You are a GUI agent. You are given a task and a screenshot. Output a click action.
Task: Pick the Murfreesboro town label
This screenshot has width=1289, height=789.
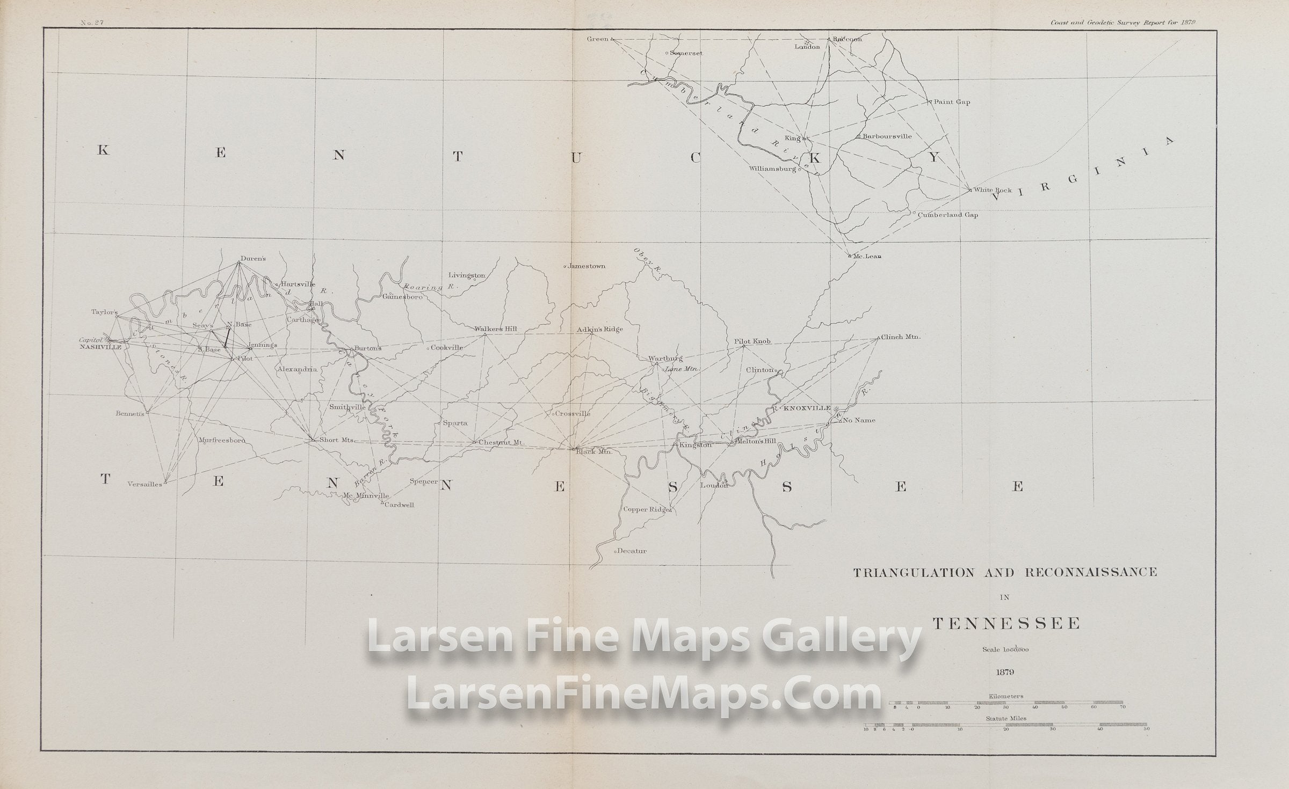tap(222, 441)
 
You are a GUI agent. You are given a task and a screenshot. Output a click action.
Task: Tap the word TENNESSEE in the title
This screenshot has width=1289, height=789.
tap(1006, 624)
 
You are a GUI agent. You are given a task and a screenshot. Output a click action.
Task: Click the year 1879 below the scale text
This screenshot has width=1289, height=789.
tap(1005, 671)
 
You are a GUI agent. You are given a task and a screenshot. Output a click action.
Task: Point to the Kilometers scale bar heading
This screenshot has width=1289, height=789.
tap(1006, 696)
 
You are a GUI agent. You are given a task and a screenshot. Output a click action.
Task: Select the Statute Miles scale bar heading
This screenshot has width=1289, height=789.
tap(1006, 718)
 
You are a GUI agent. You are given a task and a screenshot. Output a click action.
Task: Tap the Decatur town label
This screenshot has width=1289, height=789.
tap(632, 551)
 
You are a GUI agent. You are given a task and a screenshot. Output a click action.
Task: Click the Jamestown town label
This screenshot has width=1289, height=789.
tap(586, 266)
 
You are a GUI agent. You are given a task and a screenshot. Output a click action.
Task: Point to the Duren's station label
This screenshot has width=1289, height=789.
tap(253, 258)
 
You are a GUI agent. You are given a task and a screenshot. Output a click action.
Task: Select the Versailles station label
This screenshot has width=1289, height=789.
tap(144, 484)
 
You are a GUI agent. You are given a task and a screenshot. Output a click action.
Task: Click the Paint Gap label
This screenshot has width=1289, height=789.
tap(952, 102)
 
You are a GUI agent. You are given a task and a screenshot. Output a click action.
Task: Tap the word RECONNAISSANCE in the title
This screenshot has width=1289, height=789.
tap(1091, 572)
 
